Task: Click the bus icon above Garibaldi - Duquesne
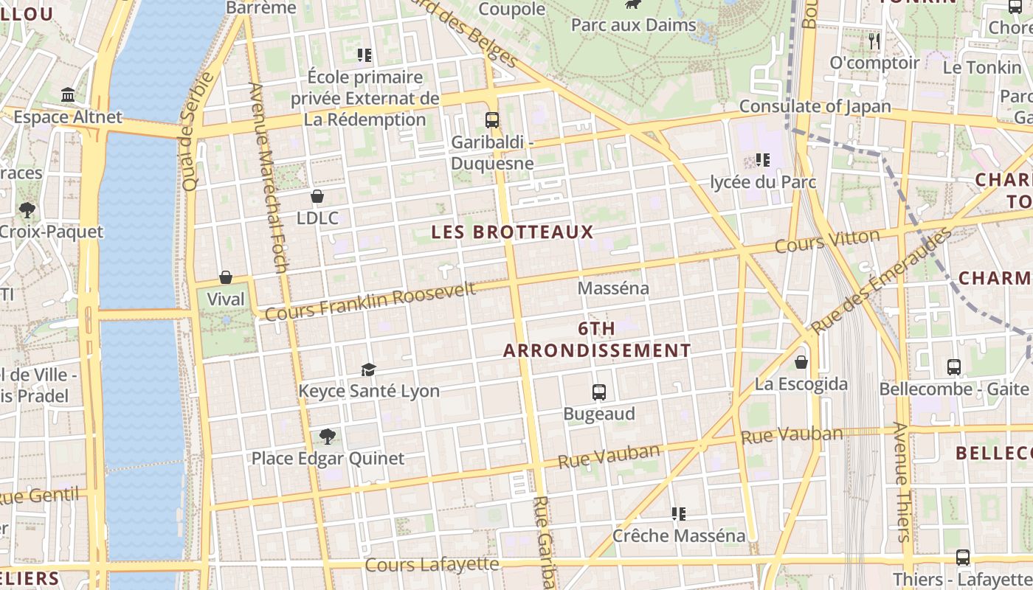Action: (492, 119)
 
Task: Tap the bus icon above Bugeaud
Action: (599, 392)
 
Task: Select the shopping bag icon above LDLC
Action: (317, 196)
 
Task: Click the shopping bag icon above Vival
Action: (226, 277)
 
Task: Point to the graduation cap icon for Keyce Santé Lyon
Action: (368, 369)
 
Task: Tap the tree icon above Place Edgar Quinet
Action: (327, 437)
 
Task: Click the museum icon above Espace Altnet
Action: (69, 95)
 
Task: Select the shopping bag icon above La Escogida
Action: (801, 362)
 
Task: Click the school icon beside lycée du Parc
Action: (763, 159)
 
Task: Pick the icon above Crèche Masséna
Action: (679, 513)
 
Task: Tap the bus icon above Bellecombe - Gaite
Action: (954, 367)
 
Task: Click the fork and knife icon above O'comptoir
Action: (874, 41)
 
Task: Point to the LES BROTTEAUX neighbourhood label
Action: (512, 232)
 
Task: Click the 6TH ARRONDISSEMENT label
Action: (597, 340)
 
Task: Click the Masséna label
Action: (613, 288)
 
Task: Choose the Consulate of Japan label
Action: (815, 106)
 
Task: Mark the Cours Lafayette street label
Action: (432, 565)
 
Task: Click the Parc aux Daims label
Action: (633, 25)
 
